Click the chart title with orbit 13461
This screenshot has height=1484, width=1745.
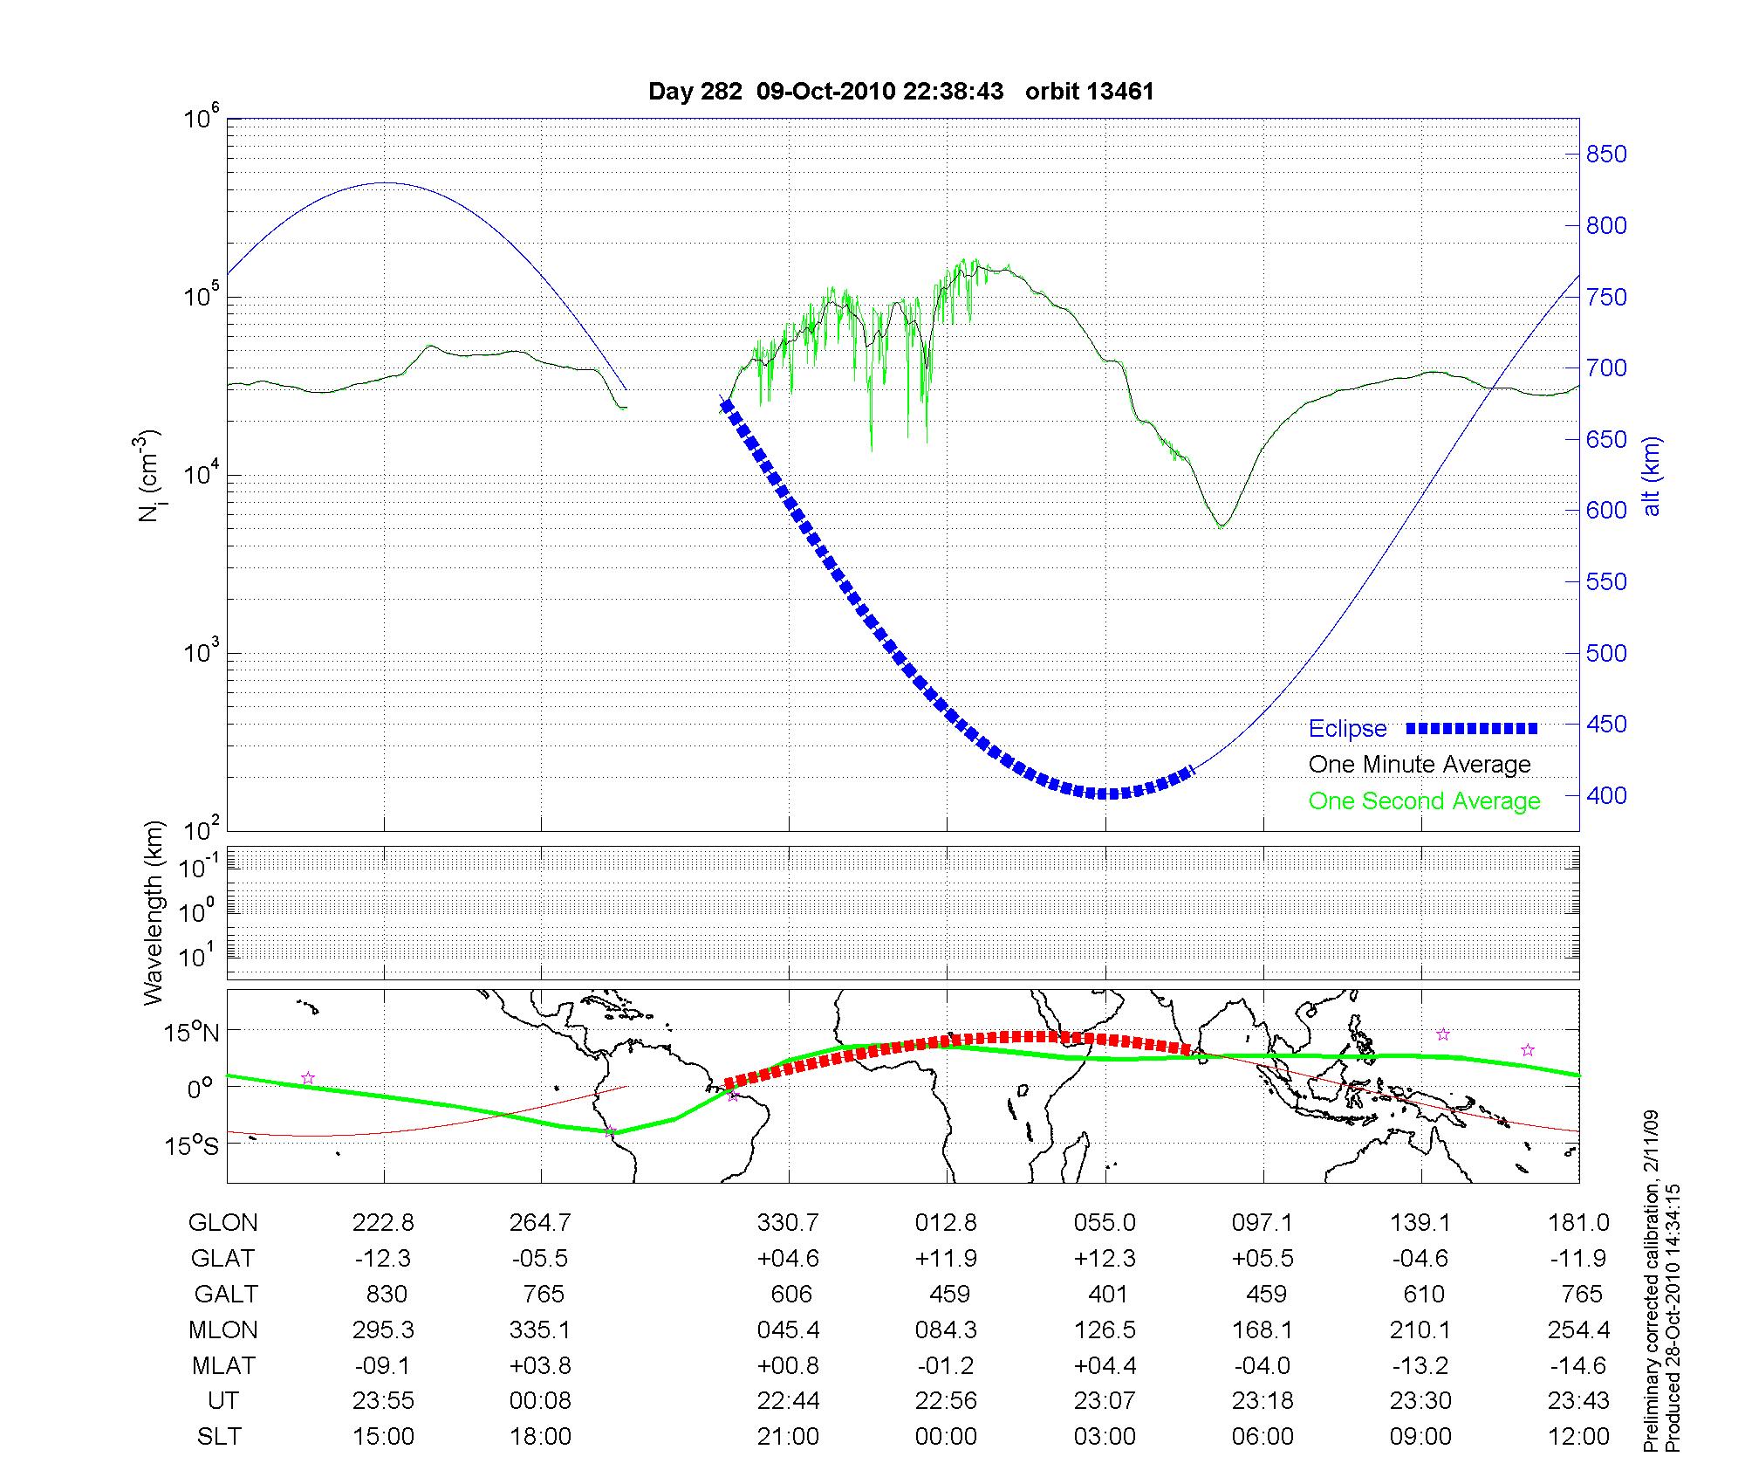(901, 92)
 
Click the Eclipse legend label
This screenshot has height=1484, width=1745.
(1347, 728)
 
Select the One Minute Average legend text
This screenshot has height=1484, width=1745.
(1420, 765)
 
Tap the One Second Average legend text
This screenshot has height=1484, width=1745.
(1424, 800)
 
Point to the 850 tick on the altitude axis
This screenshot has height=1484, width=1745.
(1606, 155)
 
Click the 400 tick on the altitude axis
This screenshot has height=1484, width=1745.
(1606, 795)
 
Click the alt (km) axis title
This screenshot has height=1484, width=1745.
(1652, 476)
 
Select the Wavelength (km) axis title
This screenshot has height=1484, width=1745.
(154, 912)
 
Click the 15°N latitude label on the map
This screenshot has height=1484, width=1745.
(192, 1033)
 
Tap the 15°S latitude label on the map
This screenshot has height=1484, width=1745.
(192, 1145)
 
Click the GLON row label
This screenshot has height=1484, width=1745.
(222, 1223)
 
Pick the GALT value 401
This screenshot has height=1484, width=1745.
(1106, 1294)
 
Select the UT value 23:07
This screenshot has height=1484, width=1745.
(1105, 1401)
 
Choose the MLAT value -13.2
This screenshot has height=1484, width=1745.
(1420, 1365)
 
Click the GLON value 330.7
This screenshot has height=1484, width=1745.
(789, 1223)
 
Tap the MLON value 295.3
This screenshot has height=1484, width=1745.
(383, 1329)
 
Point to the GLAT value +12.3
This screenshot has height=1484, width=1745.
(1105, 1258)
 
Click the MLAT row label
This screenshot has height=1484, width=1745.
(223, 1365)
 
